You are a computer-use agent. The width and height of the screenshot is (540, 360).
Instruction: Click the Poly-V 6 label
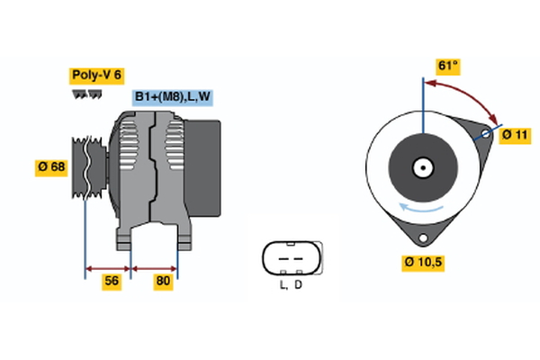pos(97,76)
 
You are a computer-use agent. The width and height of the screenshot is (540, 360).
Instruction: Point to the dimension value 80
pos(163,281)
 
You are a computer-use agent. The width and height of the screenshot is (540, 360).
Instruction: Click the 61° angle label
pos(447,66)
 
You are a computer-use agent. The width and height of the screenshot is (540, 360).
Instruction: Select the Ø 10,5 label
pos(422,263)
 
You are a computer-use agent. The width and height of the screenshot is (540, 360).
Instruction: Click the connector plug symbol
pos(290,258)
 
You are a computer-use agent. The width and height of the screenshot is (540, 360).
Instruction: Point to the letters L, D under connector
pos(290,286)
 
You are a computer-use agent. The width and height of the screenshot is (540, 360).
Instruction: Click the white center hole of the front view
pos(421,166)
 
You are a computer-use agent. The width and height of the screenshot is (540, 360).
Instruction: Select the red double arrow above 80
pos(155,267)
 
